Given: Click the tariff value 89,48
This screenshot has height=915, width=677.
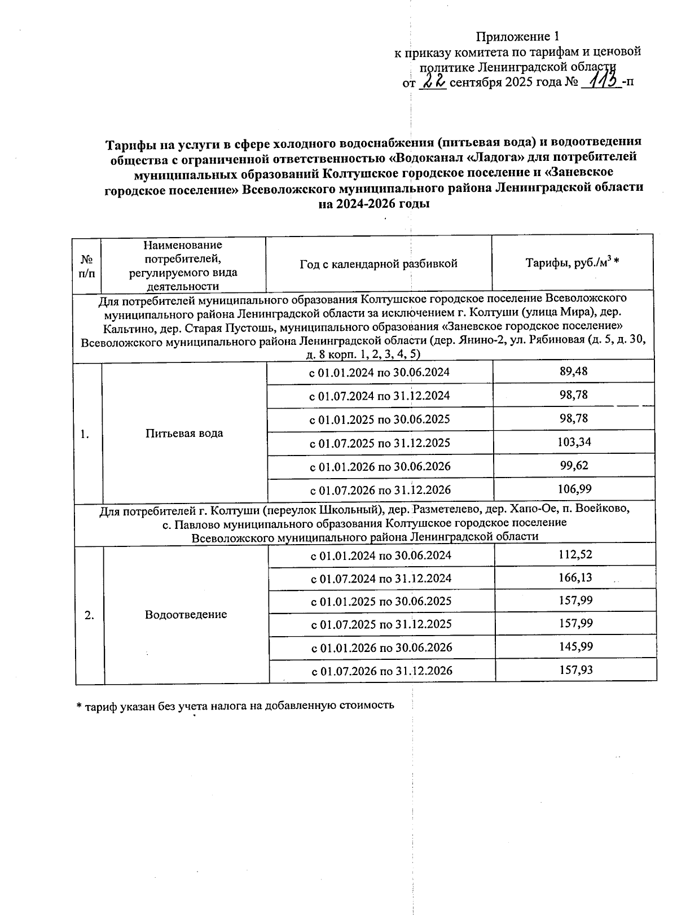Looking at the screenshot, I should [574, 371].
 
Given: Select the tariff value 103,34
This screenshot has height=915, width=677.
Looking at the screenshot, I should [574, 442].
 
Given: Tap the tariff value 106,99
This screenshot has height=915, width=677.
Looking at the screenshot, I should [574, 489].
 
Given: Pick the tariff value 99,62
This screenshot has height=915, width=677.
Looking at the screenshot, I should [574, 466].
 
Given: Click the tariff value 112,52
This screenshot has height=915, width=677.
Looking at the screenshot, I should [575, 555].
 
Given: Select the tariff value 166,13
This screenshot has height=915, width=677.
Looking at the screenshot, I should [575, 578].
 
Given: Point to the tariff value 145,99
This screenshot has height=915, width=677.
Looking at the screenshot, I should [575, 647].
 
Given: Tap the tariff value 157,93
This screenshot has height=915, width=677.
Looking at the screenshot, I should [575, 671].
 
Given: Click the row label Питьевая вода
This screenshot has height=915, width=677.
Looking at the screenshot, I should [184, 434].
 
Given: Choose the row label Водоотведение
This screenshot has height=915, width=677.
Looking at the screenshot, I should [186, 615].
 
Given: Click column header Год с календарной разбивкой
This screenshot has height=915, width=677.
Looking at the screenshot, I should [379, 264].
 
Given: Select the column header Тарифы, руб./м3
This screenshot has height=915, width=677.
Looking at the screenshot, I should [572, 263].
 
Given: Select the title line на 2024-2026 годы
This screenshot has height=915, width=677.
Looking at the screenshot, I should [374, 204].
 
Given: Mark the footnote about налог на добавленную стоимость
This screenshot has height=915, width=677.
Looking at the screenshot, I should [235, 706].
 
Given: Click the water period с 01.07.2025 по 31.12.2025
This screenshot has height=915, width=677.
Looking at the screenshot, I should [380, 443].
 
